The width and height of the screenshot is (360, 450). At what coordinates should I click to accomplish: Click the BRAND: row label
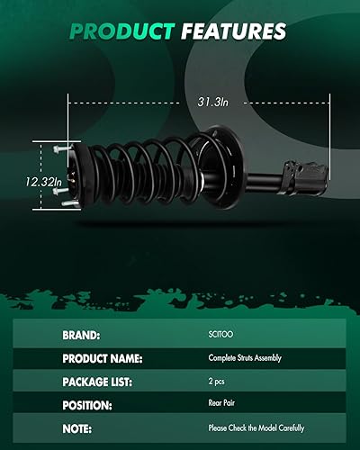[81, 335]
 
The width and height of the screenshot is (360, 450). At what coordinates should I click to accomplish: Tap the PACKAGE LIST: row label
[98, 382]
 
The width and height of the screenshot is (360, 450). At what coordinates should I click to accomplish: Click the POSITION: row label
[88, 405]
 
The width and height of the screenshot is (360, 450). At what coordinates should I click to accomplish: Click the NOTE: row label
[77, 428]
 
